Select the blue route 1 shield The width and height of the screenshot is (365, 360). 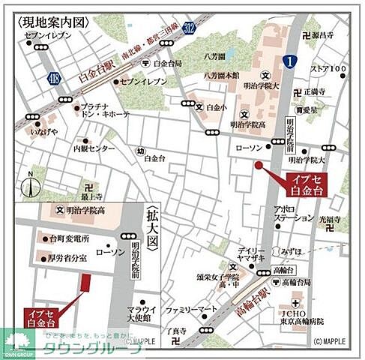[x=290, y=61]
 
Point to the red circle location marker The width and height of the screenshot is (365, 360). [x=259, y=165]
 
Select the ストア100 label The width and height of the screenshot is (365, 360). [x=329, y=69]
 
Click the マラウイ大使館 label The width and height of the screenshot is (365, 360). [x=142, y=313]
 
